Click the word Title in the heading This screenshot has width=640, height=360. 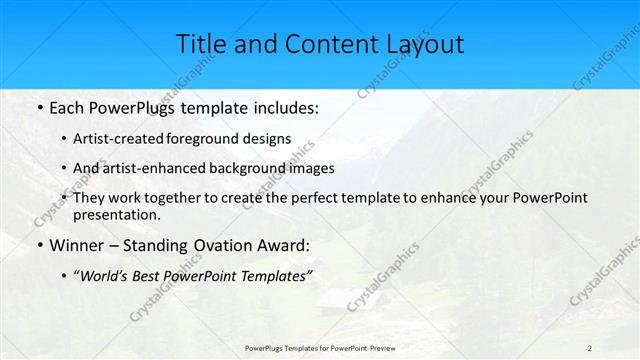pyautogui.click(x=204, y=44)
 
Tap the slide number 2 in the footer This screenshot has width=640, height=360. pyautogui.click(x=589, y=347)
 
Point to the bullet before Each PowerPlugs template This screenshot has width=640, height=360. pyautogui.click(x=37, y=107)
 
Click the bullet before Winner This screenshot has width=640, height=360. pyautogui.click(x=37, y=246)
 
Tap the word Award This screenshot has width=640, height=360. pyautogui.click(x=283, y=246)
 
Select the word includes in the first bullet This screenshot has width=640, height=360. pyautogui.click(x=282, y=107)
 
